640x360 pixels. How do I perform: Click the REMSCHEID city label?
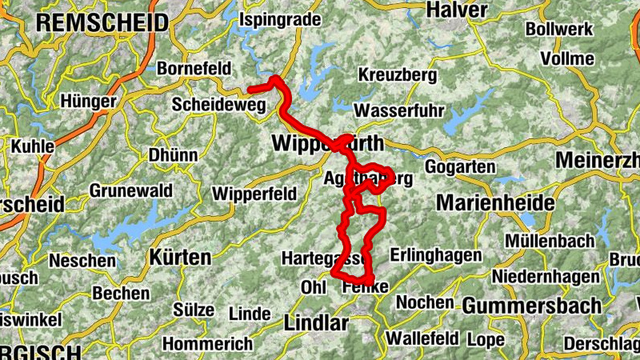tap(102, 22)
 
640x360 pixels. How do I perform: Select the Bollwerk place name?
tap(560, 30)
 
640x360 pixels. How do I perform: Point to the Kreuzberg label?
tap(398, 75)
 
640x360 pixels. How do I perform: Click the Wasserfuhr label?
tap(398, 110)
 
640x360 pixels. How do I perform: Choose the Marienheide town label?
tap(495, 203)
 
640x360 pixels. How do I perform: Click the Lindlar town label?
tap(316, 323)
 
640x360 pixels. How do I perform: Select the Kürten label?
tap(180, 258)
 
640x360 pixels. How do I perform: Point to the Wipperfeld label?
tap(254, 194)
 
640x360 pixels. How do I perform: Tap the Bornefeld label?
tap(194, 69)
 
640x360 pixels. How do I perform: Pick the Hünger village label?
tap(89, 102)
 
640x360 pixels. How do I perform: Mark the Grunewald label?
tap(130, 191)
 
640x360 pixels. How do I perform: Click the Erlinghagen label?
tap(436, 255)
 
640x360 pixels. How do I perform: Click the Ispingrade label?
tap(280, 18)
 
